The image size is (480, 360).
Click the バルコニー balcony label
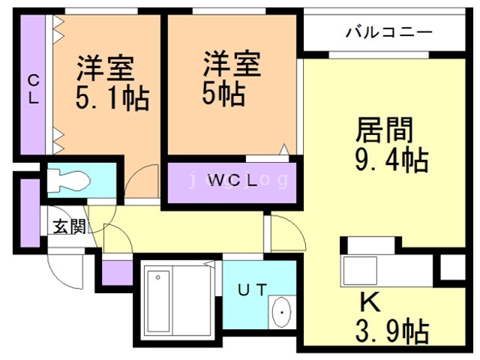click(388, 32)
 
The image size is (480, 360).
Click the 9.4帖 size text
click(391, 160)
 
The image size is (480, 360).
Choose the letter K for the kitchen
click(369, 301)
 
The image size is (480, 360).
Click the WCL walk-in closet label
click(232, 181)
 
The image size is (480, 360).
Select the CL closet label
click(34, 89)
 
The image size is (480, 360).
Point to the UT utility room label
click(251, 289)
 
